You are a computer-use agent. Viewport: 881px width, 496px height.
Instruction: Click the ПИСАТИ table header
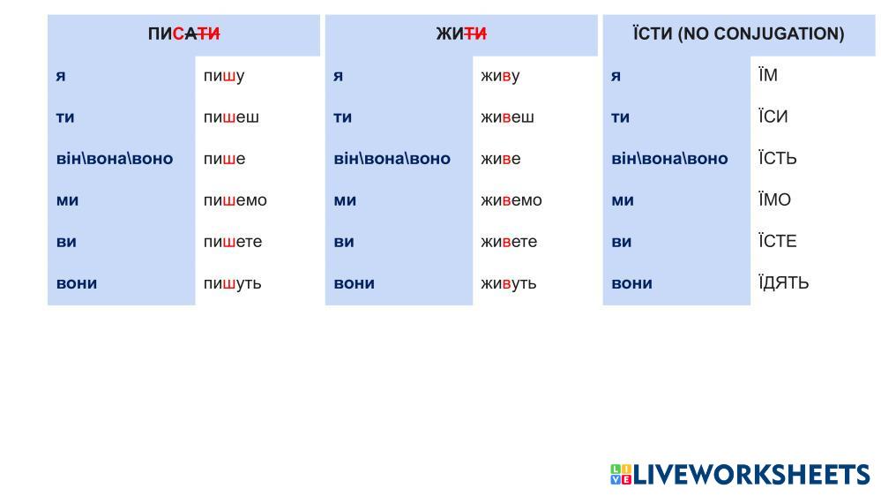click(x=183, y=34)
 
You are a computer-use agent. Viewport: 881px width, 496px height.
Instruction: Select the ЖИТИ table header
click(x=461, y=34)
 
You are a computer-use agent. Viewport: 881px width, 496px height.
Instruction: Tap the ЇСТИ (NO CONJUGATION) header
click(x=738, y=34)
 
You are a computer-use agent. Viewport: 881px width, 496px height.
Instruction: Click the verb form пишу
click(x=224, y=76)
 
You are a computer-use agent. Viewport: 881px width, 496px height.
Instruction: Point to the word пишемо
click(x=235, y=200)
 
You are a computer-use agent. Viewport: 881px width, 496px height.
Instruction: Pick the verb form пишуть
click(x=232, y=283)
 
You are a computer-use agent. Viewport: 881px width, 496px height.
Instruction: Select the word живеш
click(x=507, y=117)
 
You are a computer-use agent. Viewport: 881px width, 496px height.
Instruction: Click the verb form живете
click(x=509, y=242)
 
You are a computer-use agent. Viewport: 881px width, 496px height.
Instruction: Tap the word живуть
click(x=509, y=283)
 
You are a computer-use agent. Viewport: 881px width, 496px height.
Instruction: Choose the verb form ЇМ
click(x=768, y=74)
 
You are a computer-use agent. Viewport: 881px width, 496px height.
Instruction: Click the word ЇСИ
click(x=773, y=116)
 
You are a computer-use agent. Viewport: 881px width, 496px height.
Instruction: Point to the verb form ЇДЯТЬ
click(x=784, y=282)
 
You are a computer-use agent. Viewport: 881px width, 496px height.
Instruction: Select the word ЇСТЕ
click(x=778, y=241)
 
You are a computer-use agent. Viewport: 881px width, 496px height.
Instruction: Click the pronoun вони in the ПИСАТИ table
click(x=77, y=283)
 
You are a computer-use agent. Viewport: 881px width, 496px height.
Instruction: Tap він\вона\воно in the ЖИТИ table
click(x=392, y=159)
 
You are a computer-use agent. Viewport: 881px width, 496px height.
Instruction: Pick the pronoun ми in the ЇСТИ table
click(x=623, y=200)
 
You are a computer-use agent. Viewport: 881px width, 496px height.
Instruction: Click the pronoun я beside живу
click(x=338, y=76)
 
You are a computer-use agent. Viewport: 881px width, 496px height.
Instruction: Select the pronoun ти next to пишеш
click(x=65, y=117)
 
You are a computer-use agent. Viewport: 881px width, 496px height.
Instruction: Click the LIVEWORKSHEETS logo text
click(x=751, y=474)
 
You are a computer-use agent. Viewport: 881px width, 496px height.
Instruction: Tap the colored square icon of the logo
click(x=621, y=474)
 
